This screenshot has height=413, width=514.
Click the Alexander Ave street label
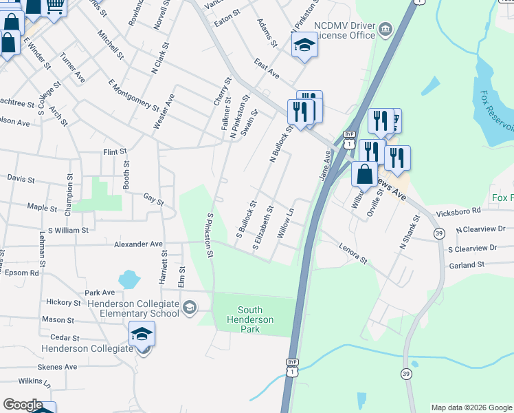(x=138, y=244)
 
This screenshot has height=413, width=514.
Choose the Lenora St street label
(x=353, y=253)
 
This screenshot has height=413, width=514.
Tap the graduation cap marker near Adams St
(x=304, y=47)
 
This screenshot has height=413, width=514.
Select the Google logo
(x=23, y=405)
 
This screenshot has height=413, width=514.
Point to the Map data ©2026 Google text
(x=471, y=407)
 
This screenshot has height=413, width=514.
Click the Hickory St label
(x=63, y=302)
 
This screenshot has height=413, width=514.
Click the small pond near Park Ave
(x=128, y=279)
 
